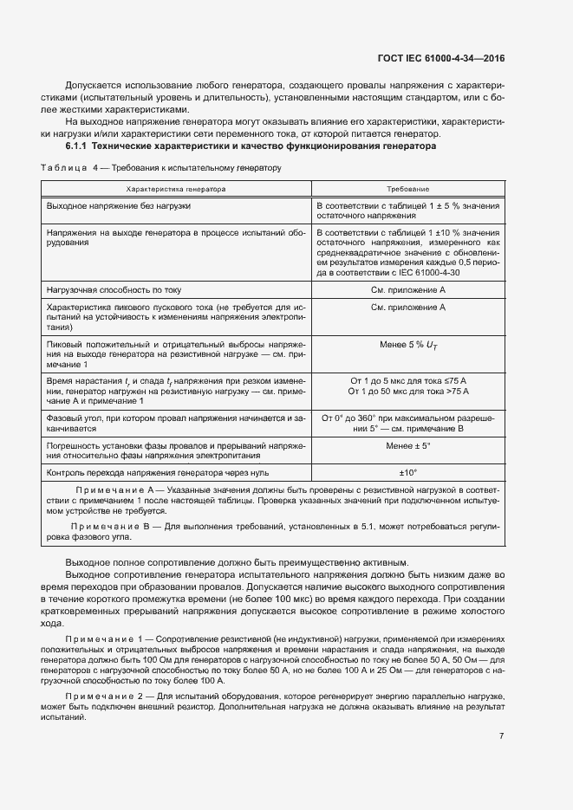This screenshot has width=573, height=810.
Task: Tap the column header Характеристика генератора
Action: coord(176,188)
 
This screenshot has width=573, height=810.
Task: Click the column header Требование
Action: coord(407,188)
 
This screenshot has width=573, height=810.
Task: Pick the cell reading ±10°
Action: coord(407,473)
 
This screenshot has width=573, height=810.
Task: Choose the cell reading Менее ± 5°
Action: coord(407,446)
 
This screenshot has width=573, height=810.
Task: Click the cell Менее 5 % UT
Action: coord(407,346)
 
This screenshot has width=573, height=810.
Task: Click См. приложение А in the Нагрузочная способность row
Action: coord(407,288)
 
